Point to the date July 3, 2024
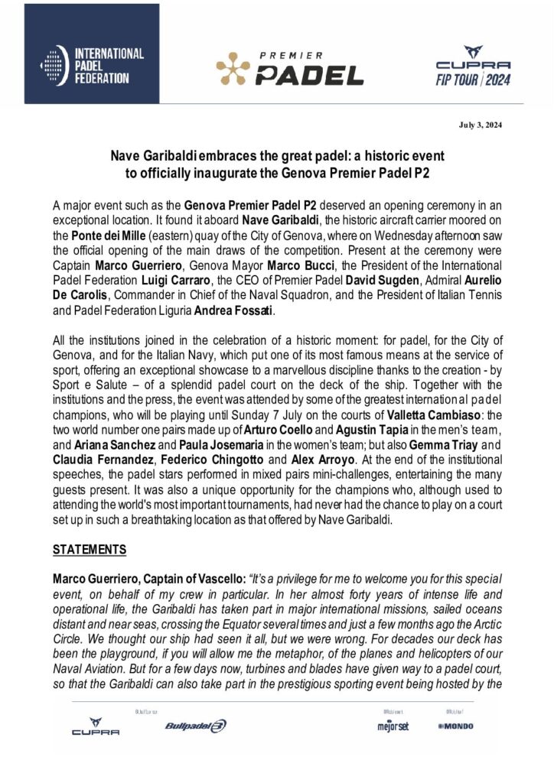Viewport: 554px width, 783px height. click(480, 125)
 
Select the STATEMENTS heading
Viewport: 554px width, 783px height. click(88, 549)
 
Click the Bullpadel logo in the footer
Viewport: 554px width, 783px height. click(195, 726)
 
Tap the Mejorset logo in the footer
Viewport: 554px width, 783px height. click(393, 726)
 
